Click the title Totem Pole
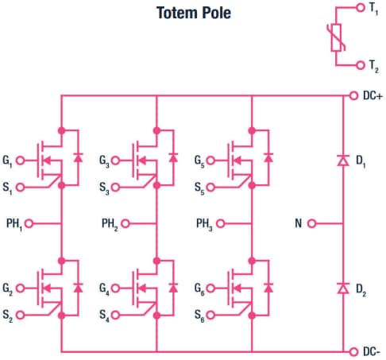[193, 14]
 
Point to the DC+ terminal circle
[354, 96]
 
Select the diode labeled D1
[342, 161]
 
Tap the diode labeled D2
[342, 287]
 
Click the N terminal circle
[311, 224]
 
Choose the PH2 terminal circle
[125, 224]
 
